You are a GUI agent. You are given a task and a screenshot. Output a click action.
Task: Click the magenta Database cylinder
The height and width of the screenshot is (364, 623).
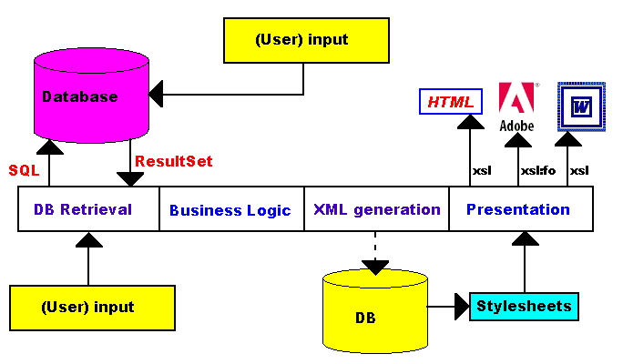coord(91,96)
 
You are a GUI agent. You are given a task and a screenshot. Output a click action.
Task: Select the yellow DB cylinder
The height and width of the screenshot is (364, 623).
coord(375,314)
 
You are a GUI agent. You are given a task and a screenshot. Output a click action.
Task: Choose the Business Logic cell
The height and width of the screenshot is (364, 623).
coord(230,210)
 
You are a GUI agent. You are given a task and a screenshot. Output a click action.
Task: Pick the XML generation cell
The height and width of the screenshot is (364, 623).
coord(376,209)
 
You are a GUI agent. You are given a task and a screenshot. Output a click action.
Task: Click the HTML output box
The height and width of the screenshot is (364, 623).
coord(451,102)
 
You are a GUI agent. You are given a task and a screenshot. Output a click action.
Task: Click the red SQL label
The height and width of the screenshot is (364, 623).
coord(23,169)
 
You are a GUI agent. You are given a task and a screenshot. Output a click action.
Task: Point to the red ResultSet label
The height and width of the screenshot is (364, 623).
coord(174,162)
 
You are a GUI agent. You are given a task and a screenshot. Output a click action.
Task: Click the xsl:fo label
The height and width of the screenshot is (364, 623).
coord(538,170)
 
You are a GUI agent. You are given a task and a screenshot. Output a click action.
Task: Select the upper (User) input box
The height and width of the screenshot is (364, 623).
coord(301,41)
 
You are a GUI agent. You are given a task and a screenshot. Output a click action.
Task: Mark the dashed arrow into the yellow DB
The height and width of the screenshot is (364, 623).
coord(375,250)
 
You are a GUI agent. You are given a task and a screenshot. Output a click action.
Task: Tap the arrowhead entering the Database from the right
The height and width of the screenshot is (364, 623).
coord(157,92)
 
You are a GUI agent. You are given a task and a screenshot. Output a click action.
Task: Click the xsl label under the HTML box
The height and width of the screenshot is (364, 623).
coord(481,170)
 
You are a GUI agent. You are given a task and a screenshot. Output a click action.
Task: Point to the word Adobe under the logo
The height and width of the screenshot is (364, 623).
coord(516,126)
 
